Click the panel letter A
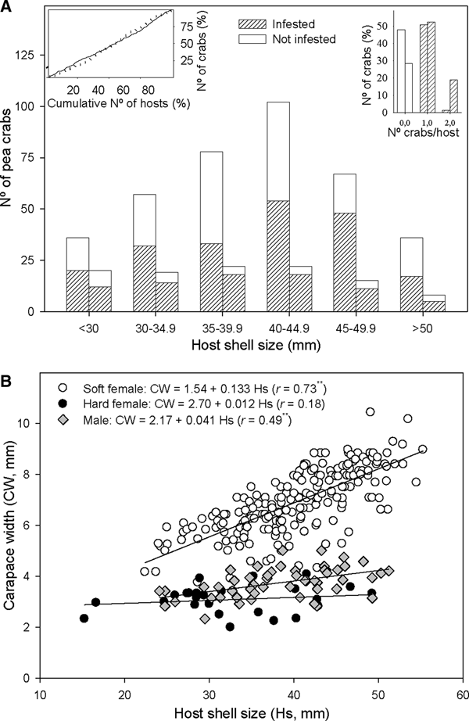[x=8, y=6]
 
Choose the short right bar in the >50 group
[x=435, y=303]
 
